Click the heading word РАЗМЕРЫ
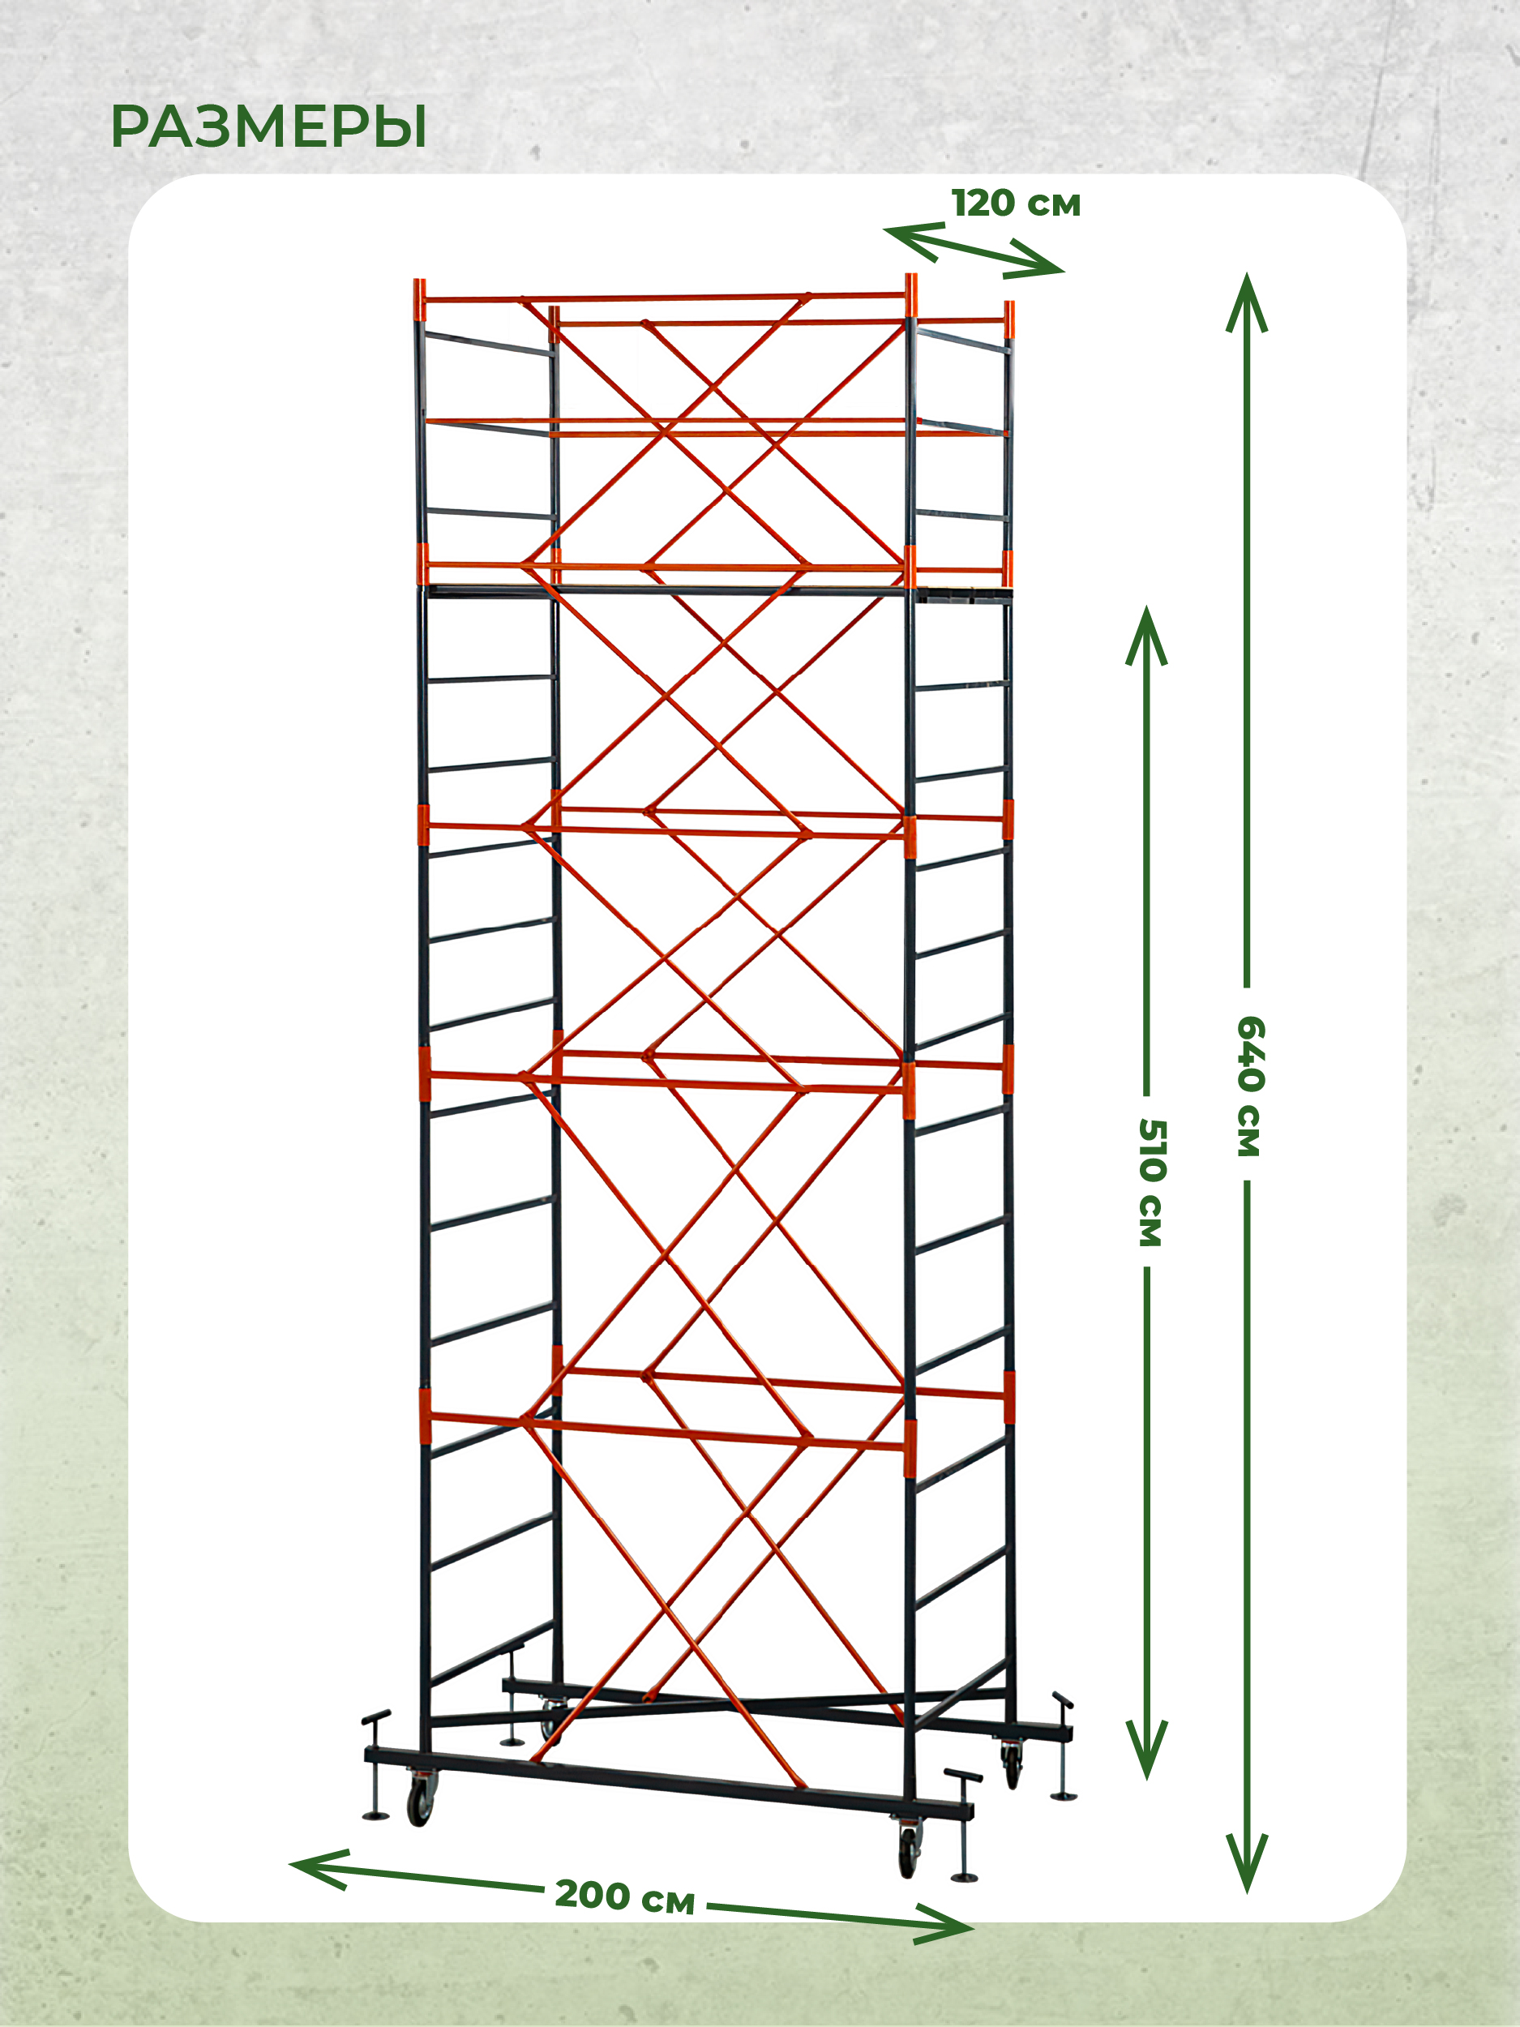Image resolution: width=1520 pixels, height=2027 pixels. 268,126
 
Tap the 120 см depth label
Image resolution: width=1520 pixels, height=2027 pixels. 1016,204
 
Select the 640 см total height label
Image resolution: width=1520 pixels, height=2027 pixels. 1248,1086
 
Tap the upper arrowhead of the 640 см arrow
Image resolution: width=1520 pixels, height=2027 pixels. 1247,302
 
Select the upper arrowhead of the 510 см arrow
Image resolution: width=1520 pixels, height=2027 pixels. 1146,636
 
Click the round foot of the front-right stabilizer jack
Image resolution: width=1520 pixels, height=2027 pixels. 966,1879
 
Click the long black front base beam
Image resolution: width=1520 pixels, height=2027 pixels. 669,1782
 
